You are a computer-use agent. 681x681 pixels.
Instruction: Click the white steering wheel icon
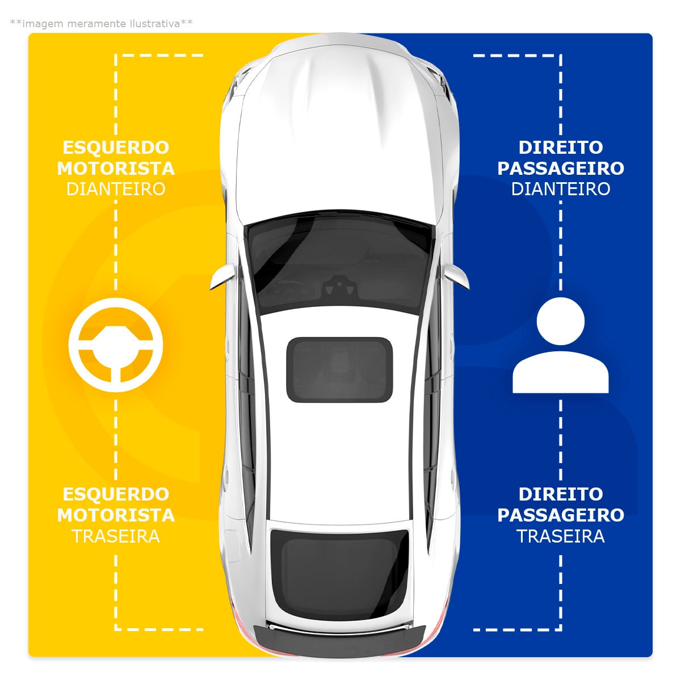pos(116,344)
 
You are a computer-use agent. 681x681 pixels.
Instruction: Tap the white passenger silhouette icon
pos(561,345)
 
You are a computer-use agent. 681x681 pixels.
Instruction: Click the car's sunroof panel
pos(339,369)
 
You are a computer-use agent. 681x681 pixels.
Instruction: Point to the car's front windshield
pos(339,262)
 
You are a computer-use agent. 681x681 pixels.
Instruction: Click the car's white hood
pos(339,134)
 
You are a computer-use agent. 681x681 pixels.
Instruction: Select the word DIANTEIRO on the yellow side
pos(116,189)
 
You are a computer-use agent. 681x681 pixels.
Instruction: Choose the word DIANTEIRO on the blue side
pos(561,189)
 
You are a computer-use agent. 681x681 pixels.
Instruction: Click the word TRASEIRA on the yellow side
pos(116,536)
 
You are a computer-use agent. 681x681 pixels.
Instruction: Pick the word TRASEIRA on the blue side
pos(561,536)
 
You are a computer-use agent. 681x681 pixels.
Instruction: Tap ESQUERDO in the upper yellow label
pos(116,148)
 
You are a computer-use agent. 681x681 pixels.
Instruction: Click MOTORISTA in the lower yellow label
pos(116,515)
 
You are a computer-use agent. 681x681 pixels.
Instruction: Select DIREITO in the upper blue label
pos(561,148)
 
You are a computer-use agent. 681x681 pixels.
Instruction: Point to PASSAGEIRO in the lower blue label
pos(561,515)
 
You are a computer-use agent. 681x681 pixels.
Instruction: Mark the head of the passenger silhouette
pos(561,321)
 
